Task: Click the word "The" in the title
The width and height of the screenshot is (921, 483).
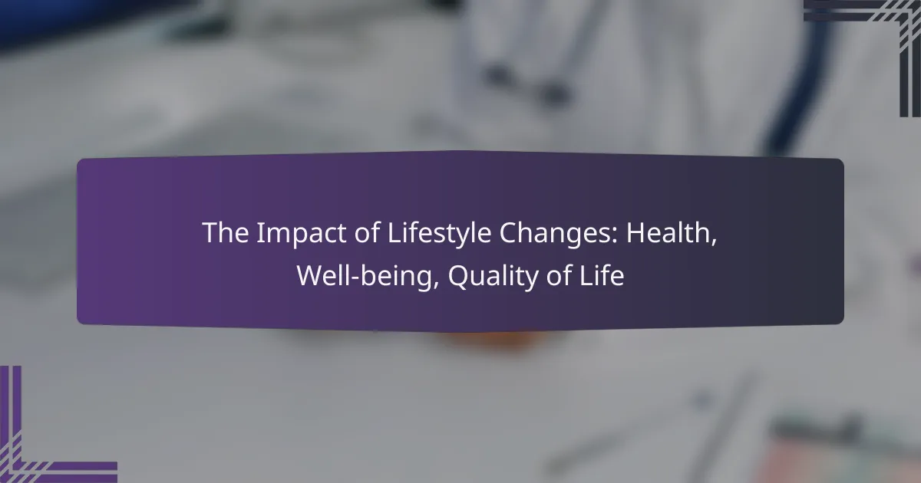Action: point(226,233)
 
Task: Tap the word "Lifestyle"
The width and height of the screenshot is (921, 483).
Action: point(439,234)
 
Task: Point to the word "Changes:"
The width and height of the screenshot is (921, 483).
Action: point(559,234)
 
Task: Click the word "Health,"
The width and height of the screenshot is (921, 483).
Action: point(672,233)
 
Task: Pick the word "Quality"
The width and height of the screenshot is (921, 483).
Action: point(493,277)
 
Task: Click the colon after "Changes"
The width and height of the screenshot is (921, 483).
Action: point(615,236)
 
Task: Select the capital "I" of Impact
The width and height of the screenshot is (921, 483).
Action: point(260,233)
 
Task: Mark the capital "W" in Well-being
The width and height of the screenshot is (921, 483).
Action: point(312,275)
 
